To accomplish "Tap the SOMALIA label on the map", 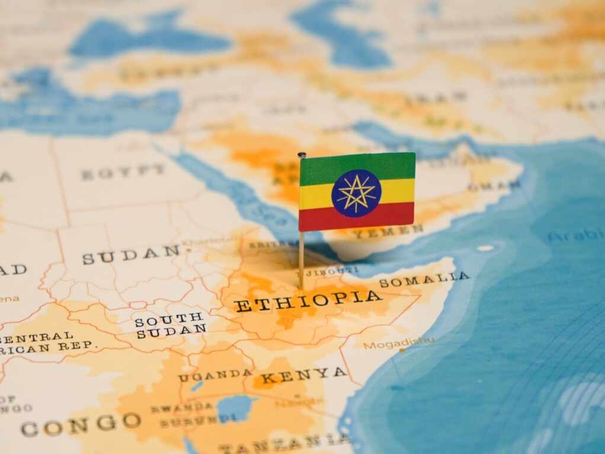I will click(424, 279).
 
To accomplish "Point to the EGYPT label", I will click(123, 172).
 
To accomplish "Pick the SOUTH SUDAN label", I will click(170, 325).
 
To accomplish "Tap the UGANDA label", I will click(215, 375).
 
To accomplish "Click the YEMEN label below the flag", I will click(388, 231).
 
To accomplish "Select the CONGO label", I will click(81, 424).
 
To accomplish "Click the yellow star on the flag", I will click(356, 193).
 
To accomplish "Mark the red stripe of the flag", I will click(357, 218).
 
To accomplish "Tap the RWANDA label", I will click(181, 408).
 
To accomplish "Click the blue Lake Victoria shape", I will click(235, 408).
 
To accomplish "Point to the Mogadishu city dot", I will click(402, 351).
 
